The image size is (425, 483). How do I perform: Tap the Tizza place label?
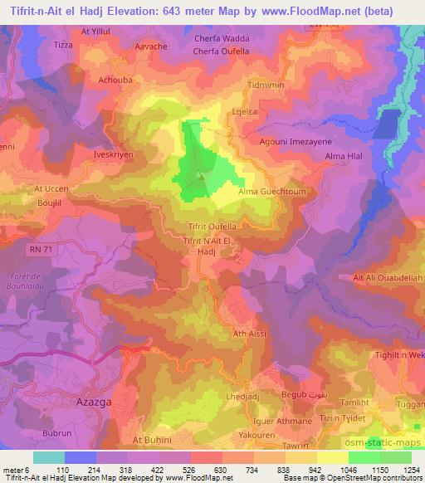click(64, 45)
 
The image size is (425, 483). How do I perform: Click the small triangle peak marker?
click(200, 176)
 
